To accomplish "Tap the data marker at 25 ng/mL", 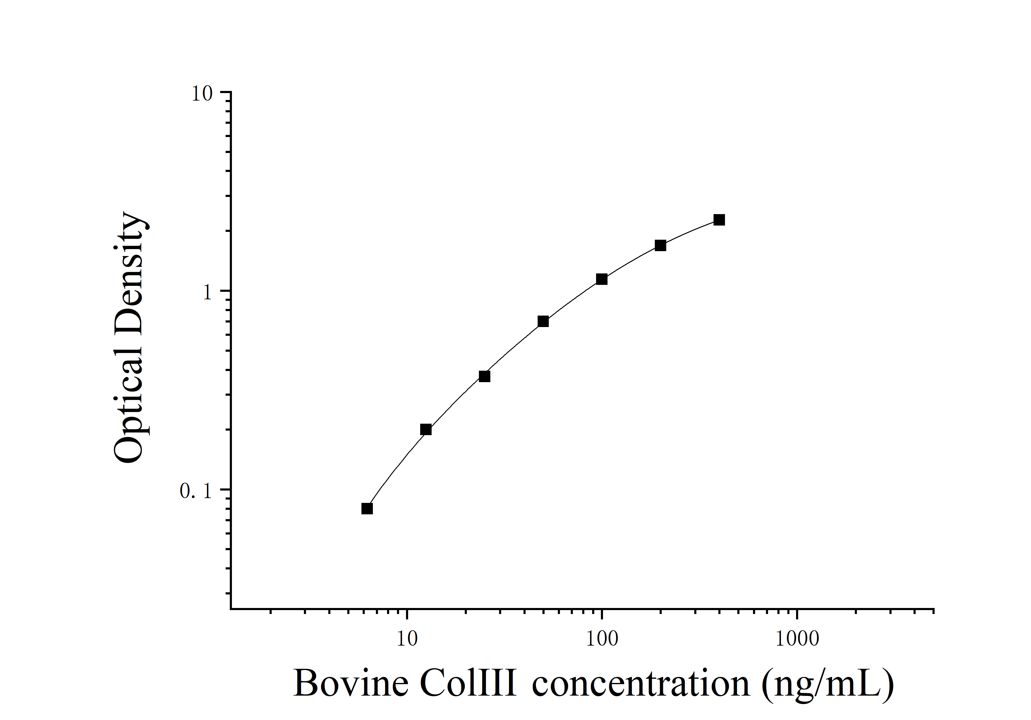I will pyautogui.click(x=484, y=376).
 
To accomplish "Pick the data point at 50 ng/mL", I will pyautogui.click(x=543, y=321).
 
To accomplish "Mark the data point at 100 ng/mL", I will pyautogui.click(x=602, y=279).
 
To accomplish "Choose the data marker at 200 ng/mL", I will pyautogui.click(x=660, y=245).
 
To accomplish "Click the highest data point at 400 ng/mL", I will pyautogui.click(x=719, y=220).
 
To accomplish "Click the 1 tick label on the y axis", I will pyautogui.click(x=207, y=293).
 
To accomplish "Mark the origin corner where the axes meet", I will pyautogui.click(x=231, y=609).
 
